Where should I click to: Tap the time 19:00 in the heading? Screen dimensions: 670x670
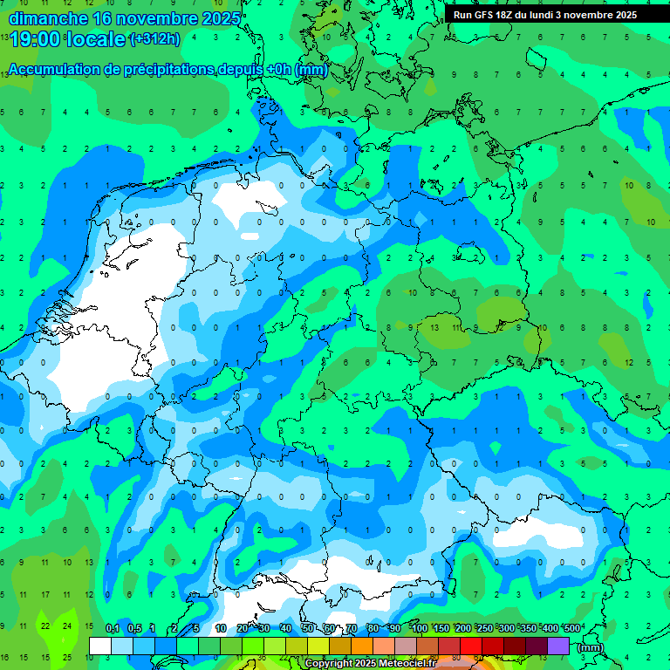34,39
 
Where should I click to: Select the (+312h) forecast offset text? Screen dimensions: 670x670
154,39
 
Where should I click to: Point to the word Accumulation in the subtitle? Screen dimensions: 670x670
56,70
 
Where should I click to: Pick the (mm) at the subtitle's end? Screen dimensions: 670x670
311,70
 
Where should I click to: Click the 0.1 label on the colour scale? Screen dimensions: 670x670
113,629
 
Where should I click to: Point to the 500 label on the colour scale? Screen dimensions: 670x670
572,629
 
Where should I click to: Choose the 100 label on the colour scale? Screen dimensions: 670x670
420,629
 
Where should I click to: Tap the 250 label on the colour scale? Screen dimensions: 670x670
485,629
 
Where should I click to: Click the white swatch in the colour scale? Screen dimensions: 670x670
100,646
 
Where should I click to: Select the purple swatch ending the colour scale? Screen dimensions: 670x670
558,646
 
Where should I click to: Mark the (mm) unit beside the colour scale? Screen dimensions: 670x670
591,647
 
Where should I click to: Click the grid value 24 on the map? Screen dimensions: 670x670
67,626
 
